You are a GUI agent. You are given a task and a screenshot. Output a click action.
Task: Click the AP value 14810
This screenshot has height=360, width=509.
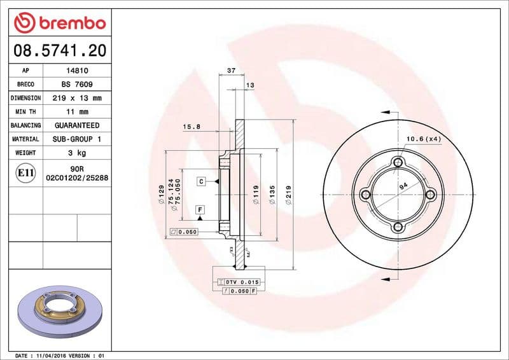[x=78, y=71]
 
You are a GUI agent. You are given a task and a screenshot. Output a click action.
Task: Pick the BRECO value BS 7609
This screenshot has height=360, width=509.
[x=78, y=85]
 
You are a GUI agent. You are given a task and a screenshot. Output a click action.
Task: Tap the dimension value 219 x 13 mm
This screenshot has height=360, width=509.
[x=78, y=99]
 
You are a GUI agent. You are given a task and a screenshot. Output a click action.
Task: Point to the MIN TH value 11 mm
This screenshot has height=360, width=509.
[x=78, y=112]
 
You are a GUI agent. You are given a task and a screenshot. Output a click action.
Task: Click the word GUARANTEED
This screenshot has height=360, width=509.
[x=78, y=126]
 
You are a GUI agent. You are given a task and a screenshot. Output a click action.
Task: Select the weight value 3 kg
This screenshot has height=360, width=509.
[x=78, y=153]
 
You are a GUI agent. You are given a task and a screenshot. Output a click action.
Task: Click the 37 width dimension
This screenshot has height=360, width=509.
[x=232, y=70]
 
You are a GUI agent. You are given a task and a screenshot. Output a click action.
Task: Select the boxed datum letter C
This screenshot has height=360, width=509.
[x=200, y=181]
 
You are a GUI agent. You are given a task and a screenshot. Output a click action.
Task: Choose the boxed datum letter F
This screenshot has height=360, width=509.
[x=200, y=209]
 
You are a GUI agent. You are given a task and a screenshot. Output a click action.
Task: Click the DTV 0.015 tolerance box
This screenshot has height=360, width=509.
[x=240, y=281]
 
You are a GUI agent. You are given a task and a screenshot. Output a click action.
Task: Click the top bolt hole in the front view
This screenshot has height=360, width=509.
[x=398, y=162]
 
